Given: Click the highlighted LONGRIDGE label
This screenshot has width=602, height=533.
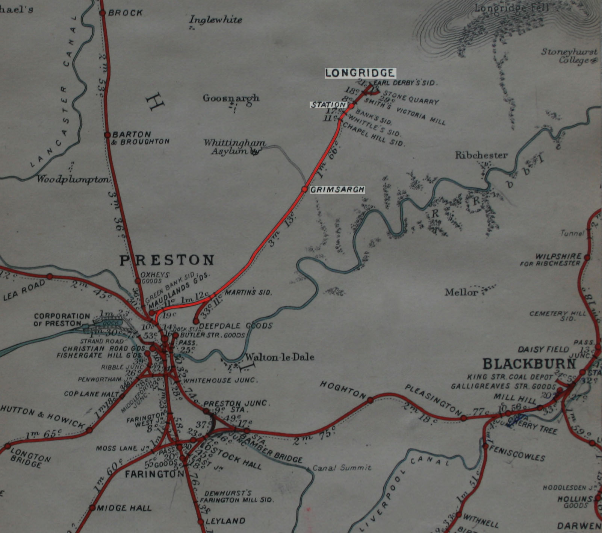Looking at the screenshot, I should pyautogui.click(x=360, y=73).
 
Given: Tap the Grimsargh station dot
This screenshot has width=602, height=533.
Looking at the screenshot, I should pyautogui.click(x=305, y=189).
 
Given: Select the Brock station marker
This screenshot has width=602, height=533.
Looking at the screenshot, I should pyautogui.click(x=102, y=13).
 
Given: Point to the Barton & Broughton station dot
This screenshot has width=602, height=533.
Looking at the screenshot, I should pyautogui.click(x=107, y=135).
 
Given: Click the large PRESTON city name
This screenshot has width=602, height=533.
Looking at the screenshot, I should pyautogui.click(x=167, y=260).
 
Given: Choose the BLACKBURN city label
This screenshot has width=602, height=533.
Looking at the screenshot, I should pyautogui.click(x=529, y=364).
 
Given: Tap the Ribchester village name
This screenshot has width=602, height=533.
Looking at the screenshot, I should pyautogui.click(x=481, y=155).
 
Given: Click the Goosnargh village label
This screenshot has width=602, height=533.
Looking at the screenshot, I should pyautogui.click(x=231, y=98).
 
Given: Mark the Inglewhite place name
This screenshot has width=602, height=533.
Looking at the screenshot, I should pyautogui.click(x=215, y=20).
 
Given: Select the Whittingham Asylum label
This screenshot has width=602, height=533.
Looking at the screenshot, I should pyautogui.click(x=234, y=147).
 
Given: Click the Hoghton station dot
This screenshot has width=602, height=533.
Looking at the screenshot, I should pyautogui.click(x=370, y=400).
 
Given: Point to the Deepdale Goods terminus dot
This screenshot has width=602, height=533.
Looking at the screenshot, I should pyautogui.click(x=196, y=321).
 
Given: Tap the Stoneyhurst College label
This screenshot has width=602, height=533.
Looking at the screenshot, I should pyautogui.click(x=569, y=56).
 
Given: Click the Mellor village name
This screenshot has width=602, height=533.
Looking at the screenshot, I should pyautogui.click(x=461, y=292).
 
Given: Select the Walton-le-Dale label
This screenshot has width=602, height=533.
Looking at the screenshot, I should pyautogui.click(x=280, y=357).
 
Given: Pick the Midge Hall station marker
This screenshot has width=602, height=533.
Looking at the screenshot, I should pyautogui.click(x=92, y=508).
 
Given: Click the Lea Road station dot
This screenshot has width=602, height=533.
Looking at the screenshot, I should pyautogui.click(x=50, y=276).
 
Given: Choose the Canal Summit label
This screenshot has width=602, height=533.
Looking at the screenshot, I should pyautogui.click(x=342, y=468).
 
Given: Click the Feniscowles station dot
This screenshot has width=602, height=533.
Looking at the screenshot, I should pyautogui.click(x=485, y=446).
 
